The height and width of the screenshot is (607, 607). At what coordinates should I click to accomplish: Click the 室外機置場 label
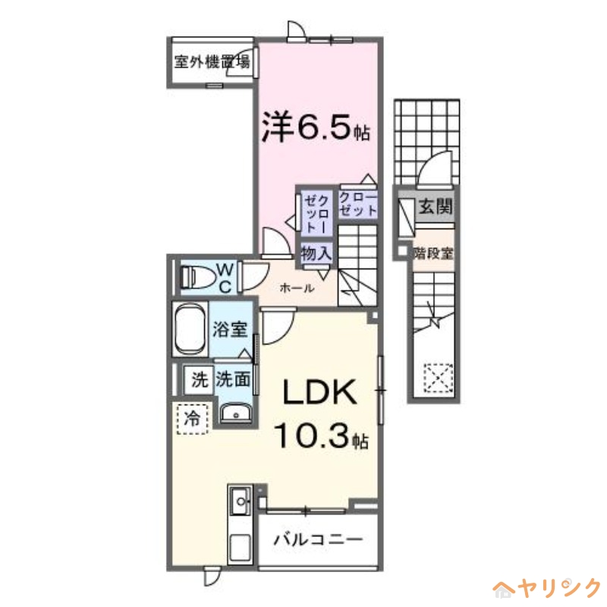[211, 63]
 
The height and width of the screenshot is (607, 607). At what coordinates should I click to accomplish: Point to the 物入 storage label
[315, 253]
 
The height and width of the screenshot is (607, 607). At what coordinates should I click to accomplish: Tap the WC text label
[226, 278]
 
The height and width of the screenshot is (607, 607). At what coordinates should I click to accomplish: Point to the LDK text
[319, 393]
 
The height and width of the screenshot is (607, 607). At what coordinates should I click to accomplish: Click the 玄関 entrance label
[436, 206]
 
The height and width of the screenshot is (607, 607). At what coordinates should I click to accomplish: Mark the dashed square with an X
[438, 377]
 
